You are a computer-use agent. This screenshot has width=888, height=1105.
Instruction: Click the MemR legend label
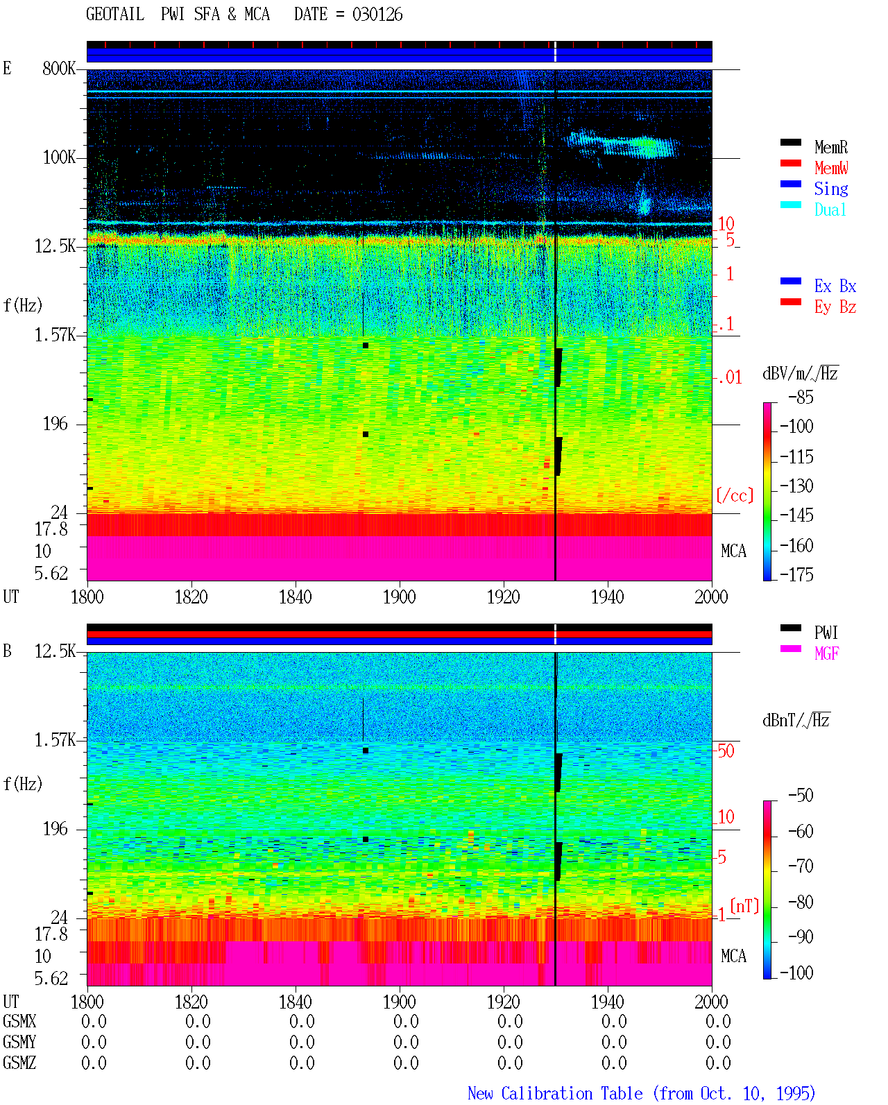[830, 147]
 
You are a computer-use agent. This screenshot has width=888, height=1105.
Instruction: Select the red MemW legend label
[831, 168]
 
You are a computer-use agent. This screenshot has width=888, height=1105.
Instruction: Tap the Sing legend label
[830, 189]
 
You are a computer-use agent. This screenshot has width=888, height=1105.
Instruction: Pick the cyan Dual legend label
[830, 209]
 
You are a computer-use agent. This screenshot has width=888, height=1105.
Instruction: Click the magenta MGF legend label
[826, 653]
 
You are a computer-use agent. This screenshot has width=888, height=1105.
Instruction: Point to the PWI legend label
[826, 632]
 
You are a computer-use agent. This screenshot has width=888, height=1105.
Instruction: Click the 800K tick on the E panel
[59, 68]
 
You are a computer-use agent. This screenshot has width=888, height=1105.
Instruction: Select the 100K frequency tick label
[59, 157]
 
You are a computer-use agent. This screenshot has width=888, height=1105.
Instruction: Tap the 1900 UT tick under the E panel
[399, 597]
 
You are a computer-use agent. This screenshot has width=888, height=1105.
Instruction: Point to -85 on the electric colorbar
[801, 397]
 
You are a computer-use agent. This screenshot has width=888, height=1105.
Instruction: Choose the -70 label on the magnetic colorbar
[801, 866]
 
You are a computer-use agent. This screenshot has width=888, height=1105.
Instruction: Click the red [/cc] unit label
[735, 495]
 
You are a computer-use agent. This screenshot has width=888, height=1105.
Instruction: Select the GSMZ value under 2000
[718, 1063]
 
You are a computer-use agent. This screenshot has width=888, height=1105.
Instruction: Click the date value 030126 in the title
[377, 15]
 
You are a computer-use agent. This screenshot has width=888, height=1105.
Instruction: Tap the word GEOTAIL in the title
[115, 15]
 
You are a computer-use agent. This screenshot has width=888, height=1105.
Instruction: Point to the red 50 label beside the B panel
[726, 751]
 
